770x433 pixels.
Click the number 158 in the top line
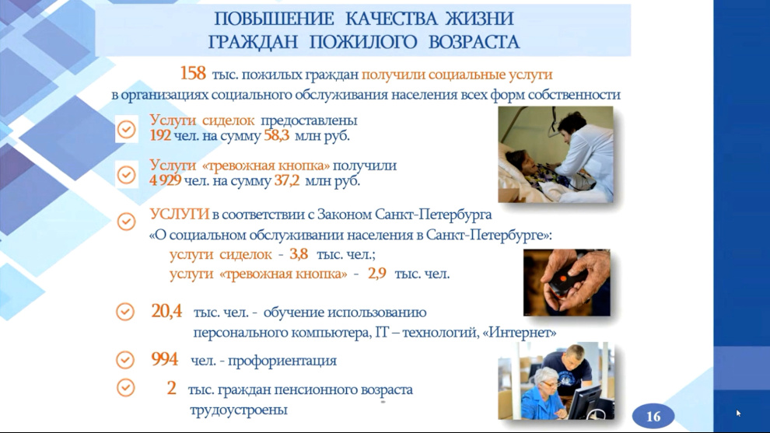[x=193, y=74]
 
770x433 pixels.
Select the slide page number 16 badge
[x=653, y=417]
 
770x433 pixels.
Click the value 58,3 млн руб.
[x=307, y=135]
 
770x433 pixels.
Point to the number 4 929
[x=166, y=180]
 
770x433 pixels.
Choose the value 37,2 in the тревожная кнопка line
[x=287, y=180]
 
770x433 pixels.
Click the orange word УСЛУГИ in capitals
[x=179, y=215]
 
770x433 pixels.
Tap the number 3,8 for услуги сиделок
[x=299, y=253]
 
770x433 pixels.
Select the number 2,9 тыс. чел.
[x=377, y=274]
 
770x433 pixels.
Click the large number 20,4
[x=166, y=311]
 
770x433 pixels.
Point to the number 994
[x=165, y=359]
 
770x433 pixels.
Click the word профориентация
[x=282, y=361]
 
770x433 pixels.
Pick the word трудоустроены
[x=239, y=410]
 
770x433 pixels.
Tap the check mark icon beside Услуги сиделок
[x=126, y=130]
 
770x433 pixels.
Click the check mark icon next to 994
[x=125, y=360]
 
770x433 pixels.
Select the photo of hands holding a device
[x=567, y=283]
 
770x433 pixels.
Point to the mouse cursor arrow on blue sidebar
[x=738, y=414]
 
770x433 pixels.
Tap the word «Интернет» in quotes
[x=520, y=333]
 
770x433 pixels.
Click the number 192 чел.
[x=160, y=135]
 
